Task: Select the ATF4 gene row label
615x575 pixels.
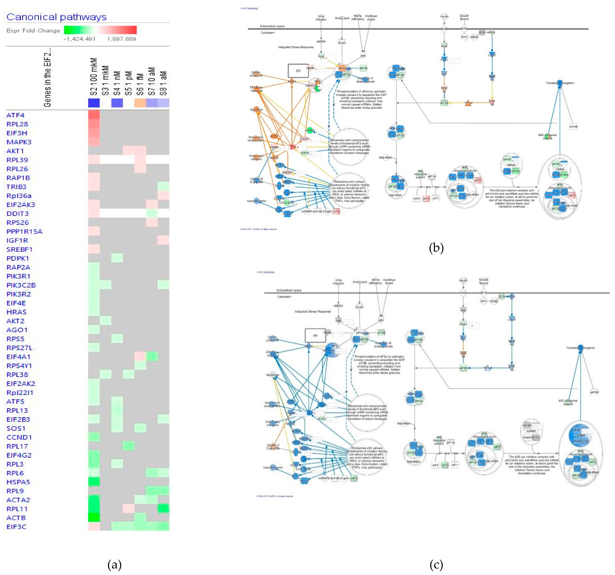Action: (x=15, y=115)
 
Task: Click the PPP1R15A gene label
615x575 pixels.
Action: (x=24, y=231)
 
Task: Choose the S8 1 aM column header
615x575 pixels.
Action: (x=163, y=83)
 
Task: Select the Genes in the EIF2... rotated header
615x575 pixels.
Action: (x=47, y=77)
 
